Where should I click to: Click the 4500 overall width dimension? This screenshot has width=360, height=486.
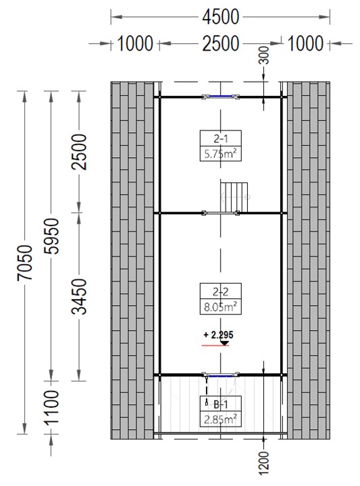click(220, 17)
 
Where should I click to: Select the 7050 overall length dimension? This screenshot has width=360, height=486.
click(25, 263)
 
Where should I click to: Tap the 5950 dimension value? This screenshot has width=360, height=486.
click(51, 236)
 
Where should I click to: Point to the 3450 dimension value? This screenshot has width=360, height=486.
click(79, 296)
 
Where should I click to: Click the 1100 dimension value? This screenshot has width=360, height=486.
click(51, 407)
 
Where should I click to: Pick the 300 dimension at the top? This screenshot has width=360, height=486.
click(264, 55)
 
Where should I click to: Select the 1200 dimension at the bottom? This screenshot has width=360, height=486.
click(263, 463)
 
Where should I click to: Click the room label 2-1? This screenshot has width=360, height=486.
click(220, 138)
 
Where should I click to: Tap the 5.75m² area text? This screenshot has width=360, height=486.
click(220, 153)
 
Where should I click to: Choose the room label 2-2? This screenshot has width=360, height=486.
click(220, 292)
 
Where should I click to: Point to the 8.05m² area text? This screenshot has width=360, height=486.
click(220, 306)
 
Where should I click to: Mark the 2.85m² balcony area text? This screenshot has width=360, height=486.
click(220, 419)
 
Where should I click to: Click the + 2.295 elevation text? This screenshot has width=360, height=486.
click(218, 335)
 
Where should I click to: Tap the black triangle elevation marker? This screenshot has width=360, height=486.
click(224, 343)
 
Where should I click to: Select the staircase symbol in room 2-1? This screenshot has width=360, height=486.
click(234, 197)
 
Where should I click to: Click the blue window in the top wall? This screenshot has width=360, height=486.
click(220, 97)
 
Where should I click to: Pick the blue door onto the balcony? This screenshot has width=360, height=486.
click(220, 376)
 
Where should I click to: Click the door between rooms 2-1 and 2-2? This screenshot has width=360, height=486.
click(220, 213)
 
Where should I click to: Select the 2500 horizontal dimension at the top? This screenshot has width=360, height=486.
click(220, 43)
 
